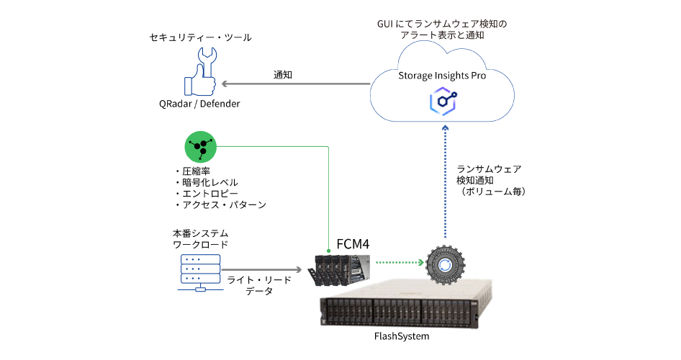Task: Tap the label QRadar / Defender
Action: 199,104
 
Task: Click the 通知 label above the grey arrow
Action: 283,74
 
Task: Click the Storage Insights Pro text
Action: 442,75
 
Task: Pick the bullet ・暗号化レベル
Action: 205,183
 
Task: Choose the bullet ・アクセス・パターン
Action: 220,206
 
